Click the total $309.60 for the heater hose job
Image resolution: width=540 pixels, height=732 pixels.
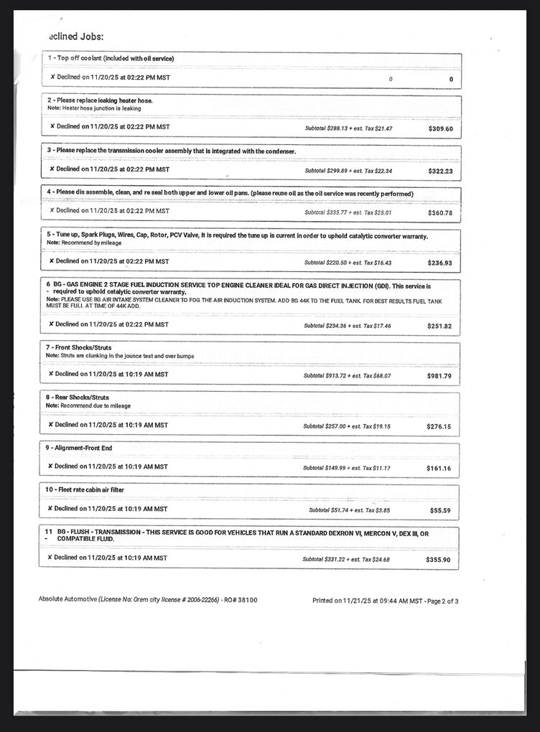(x=440, y=128)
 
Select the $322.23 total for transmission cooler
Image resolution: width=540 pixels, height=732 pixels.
(x=440, y=171)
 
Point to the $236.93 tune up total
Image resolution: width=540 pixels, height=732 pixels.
(x=439, y=263)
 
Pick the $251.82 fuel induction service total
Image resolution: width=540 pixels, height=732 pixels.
(x=439, y=326)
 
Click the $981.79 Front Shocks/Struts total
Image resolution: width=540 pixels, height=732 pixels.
(x=439, y=376)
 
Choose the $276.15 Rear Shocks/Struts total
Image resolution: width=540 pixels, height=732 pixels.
(x=439, y=426)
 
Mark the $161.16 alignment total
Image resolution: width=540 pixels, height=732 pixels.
(x=439, y=468)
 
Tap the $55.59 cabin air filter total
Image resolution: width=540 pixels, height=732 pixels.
(x=441, y=510)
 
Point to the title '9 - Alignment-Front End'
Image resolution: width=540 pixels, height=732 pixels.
(x=79, y=448)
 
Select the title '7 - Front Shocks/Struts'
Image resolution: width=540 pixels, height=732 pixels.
(x=79, y=347)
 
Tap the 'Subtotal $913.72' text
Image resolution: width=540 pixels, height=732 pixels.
(x=325, y=375)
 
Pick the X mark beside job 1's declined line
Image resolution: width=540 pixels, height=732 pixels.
(x=52, y=76)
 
